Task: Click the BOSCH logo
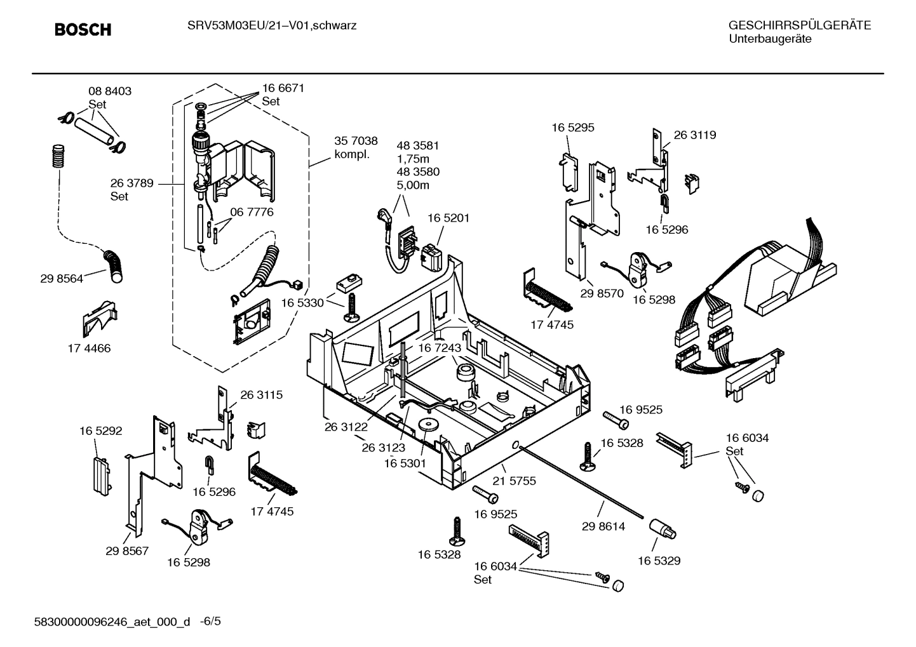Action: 83,30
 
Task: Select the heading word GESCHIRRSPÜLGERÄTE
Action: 799,25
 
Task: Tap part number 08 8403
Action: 109,91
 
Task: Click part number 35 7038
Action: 356,141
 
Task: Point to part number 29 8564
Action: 61,278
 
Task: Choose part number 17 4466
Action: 89,348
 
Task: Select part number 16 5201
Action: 448,218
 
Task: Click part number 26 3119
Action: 694,135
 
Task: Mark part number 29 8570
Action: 602,293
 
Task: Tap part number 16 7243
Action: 439,348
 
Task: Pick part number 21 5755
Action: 514,481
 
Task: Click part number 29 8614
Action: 603,526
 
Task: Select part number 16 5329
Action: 659,561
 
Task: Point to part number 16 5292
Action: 100,430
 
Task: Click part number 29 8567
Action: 127,550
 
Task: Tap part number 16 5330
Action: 302,303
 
